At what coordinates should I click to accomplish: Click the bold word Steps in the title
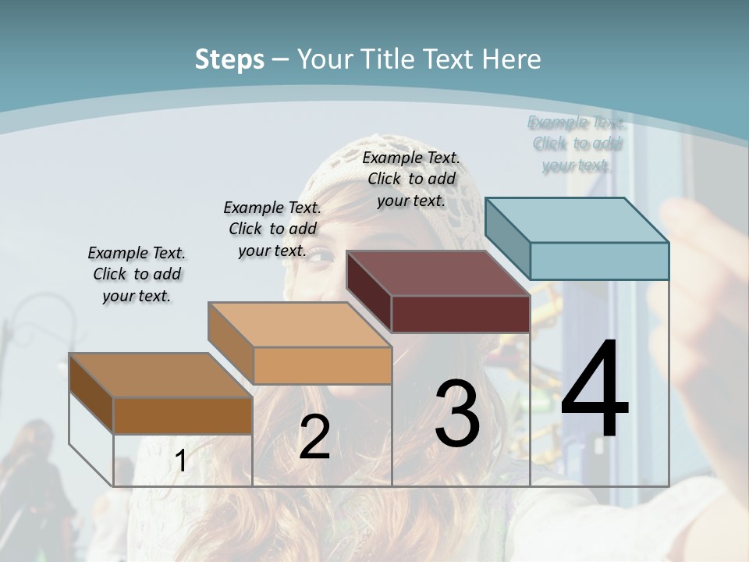point(229,59)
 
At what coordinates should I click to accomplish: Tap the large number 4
point(595,390)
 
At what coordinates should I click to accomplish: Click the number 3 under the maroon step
point(457,414)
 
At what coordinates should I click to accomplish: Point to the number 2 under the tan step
point(314,437)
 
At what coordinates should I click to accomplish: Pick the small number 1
point(180,461)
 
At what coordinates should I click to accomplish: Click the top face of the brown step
point(160,375)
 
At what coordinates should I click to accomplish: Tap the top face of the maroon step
point(437,273)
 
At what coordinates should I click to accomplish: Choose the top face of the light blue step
point(577,219)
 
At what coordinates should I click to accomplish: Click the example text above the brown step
point(137,274)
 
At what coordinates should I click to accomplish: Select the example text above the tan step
point(272,229)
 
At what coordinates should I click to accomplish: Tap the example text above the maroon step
point(411,179)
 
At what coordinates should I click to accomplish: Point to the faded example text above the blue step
point(577,144)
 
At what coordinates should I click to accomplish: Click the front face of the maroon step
point(460,315)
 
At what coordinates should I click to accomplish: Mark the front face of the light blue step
point(599,261)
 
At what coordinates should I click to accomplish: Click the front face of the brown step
point(183,415)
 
